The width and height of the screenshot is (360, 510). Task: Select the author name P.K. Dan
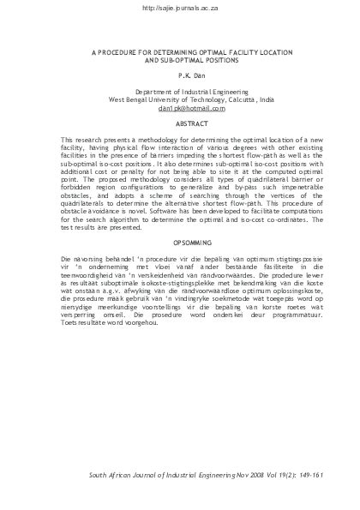(180, 75)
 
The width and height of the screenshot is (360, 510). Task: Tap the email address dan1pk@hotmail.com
(180, 110)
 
